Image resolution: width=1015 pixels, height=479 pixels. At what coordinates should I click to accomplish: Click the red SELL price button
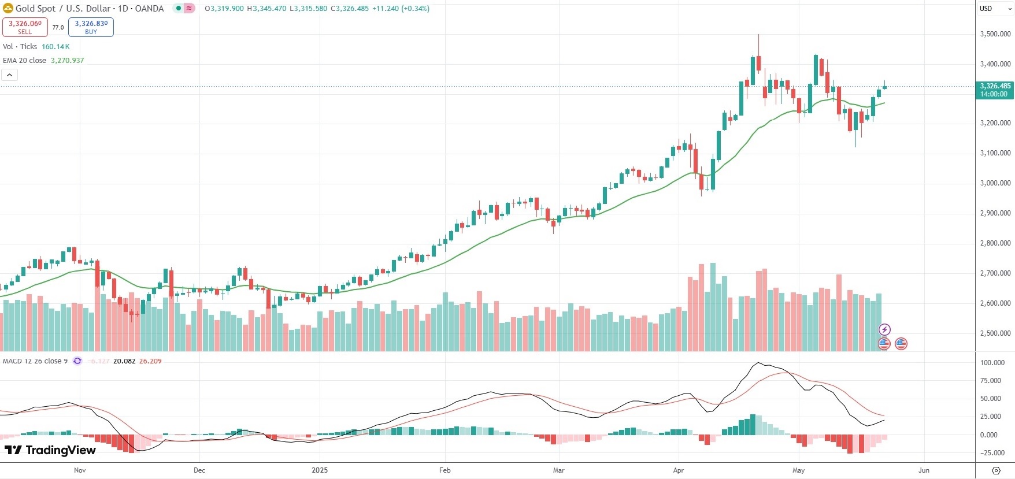point(25,27)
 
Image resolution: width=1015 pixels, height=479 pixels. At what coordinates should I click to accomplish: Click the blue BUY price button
point(91,27)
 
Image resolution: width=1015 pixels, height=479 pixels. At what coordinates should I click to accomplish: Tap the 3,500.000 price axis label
point(995,34)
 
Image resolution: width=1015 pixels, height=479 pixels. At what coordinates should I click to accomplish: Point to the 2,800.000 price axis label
point(995,243)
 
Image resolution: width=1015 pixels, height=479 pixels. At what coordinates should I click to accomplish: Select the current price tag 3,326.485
point(995,86)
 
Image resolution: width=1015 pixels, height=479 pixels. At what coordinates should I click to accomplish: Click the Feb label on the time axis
point(444,470)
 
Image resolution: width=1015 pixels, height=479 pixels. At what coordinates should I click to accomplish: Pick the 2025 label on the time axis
point(320,470)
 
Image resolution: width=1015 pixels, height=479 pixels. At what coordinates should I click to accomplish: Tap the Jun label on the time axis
point(924,470)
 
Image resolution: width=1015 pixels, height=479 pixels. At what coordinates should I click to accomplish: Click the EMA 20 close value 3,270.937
point(67,61)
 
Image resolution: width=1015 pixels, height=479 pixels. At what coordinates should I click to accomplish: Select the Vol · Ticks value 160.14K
point(55,47)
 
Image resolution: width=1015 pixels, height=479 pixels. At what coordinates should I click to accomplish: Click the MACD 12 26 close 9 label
point(35,361)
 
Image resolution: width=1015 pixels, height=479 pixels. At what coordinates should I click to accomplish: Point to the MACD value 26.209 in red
point(150,361)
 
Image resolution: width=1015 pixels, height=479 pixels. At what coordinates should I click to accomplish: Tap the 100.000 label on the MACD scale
point(992,363)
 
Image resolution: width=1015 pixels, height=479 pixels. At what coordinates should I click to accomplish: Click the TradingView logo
point(50,450)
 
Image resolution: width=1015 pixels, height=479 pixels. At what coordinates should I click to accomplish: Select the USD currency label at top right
point(986,9)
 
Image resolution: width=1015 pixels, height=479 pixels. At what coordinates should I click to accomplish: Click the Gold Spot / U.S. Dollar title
point(89,9)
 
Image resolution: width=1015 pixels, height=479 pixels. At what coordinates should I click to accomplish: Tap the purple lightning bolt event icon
point(884,329)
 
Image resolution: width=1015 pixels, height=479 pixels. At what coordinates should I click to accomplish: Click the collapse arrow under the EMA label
point(9,75)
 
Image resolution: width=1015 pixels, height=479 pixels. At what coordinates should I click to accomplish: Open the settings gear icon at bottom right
point(996,470)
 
